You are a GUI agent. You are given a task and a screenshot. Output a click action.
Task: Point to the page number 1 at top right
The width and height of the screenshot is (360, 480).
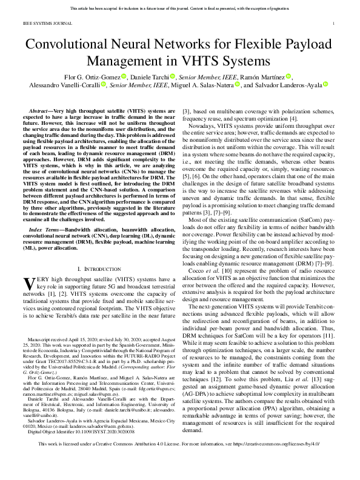(x=334, y=24)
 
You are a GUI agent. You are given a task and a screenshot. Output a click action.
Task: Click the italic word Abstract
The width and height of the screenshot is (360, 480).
(x=43, y=113)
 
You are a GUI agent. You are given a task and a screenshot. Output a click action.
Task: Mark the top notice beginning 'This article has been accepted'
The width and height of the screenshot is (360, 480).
(x=179, y=8)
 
